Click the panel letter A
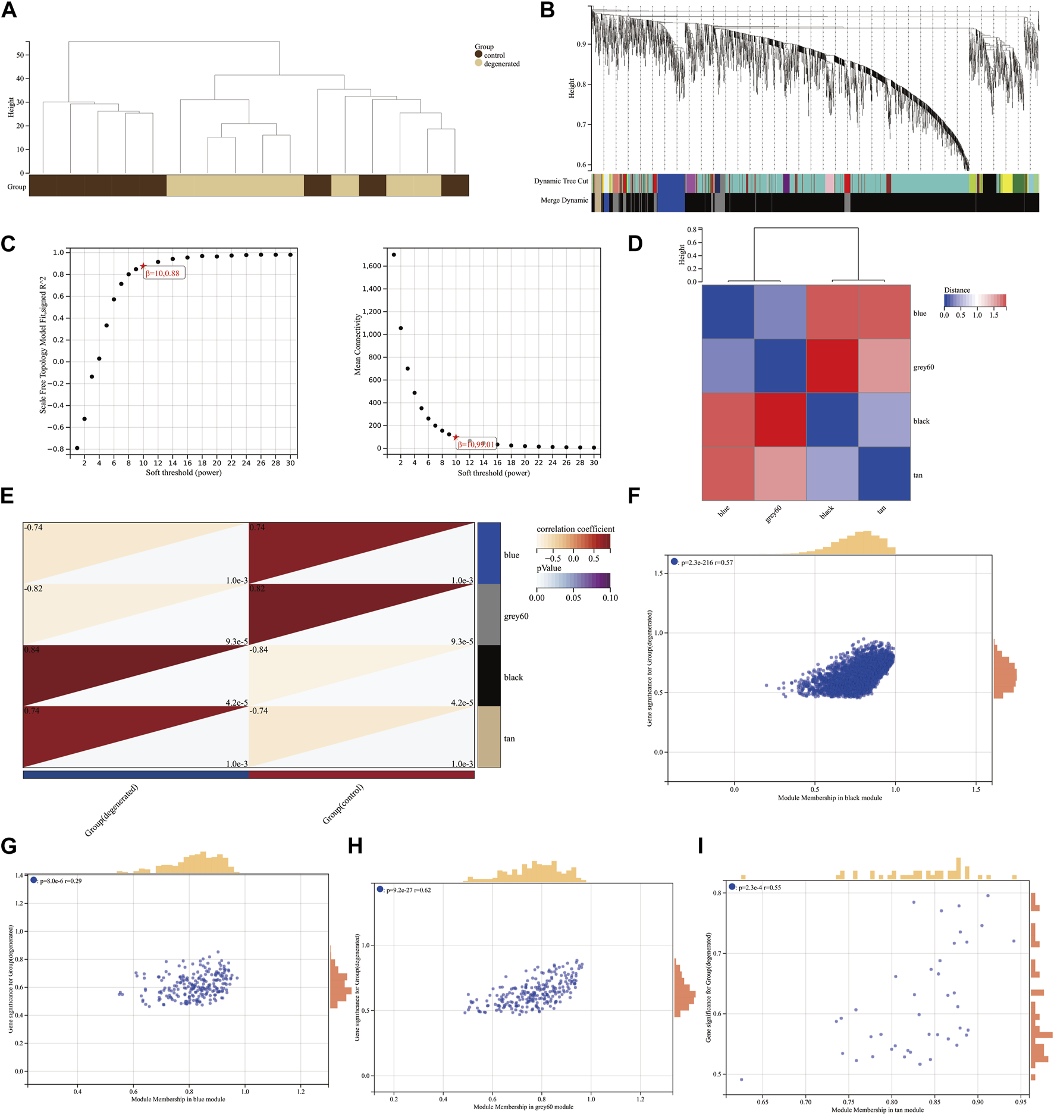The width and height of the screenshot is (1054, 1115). [9, 10]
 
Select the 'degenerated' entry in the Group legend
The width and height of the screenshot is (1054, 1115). [501, 64]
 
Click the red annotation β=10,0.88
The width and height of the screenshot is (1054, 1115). [162, 273]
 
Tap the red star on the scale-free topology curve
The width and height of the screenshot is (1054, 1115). [143, 266]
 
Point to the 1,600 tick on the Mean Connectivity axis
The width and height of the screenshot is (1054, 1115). [372, 266]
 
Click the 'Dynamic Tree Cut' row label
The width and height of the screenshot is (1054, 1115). [560, 181]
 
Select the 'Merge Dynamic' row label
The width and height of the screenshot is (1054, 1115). [564, 201]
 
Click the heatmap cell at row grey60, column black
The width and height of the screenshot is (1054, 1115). [832, 366]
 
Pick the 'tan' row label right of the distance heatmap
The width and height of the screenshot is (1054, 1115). [918, 475]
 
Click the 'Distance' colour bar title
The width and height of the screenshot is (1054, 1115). [956, 290]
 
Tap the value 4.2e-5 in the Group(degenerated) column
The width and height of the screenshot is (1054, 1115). [236, 703]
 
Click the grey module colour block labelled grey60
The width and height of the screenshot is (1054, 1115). [489, 615]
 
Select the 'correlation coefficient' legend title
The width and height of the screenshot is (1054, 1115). [575, 529]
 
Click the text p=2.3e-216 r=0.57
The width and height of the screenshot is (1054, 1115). [707, 562]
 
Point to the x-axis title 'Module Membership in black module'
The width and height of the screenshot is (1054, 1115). [829, 798]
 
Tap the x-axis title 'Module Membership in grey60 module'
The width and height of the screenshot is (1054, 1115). [523, 1107]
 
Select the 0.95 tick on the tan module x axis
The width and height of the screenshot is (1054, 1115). [1020, 1102]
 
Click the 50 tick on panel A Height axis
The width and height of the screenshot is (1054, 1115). [20, 55]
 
